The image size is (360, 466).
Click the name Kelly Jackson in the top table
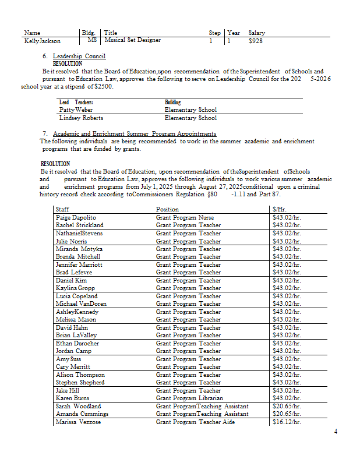pyautogui.click(x=43, y=41)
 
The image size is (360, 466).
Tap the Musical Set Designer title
pyautogui.click(x=132, y=41)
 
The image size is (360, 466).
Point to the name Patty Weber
pyautogui.click(x=76, y=110)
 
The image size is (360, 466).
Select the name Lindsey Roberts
pyautogui.click(x=81, y=118)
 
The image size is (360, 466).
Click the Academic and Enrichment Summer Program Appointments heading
pyautogui.click(x=134, y=133)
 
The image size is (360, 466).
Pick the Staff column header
pyautogui.click(x=63, y=209)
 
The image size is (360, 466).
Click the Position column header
pyautogui.click(x=168, y=209)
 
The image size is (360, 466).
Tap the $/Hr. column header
pyautogui.click(x=279, y=209)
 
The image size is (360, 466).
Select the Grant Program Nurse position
pyautogui.click(x=185, y=217)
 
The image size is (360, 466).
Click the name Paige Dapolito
pyautogui.click(x=76, y=217)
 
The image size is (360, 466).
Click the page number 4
pyautogui.click(x=335, y=432)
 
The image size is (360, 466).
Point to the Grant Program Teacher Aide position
pyautogui.click(x=195, y=422)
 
